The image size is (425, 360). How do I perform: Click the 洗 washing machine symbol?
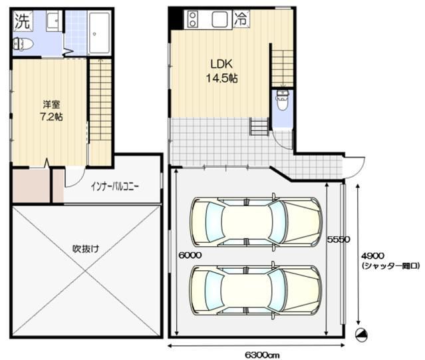click(23, 21)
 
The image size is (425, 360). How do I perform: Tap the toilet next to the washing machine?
click(23, 44)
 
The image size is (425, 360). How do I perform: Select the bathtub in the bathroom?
click(99, 33)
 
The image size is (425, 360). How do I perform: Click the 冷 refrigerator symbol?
click(241, 19)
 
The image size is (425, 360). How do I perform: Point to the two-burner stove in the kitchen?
click(192, 19)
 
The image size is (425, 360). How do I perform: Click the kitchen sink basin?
click(220, 19)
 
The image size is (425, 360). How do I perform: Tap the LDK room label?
click(221, 65)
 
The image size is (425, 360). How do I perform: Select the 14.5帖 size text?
click(222, 79)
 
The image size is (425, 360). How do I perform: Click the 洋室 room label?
click(51, 104)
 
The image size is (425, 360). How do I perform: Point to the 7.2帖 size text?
click(51, 117)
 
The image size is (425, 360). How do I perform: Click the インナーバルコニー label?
click(114, 186)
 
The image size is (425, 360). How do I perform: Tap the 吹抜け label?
click(86, 249)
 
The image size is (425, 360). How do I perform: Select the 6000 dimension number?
click(190, 255)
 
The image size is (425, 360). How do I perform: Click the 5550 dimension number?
click(339, 240)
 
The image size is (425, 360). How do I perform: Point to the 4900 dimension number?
click(372, 256)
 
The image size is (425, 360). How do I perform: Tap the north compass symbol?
click(361, 335)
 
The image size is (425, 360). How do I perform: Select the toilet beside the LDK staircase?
click(283, 100)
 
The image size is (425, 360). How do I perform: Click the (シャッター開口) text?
click(390, 266)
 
